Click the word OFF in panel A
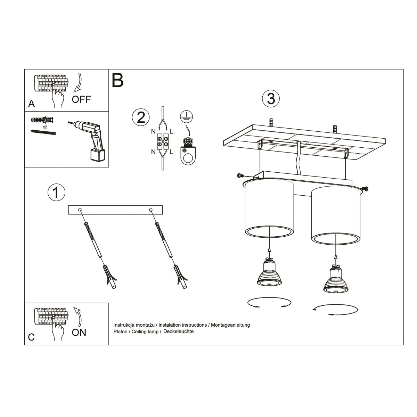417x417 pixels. pos(81,99)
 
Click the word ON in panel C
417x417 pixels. pos(79,333)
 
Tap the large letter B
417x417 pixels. pos(117,80)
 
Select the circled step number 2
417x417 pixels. pos(141,117)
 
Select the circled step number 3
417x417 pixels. pos(271,99)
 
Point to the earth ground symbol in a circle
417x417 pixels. pos(187,117)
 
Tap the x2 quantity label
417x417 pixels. pos(45,127)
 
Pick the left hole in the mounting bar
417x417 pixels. pos(80,210)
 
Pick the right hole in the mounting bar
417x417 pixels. pos(151,210)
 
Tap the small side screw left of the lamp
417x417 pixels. pos(240,175)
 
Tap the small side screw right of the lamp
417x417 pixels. pos(366,189)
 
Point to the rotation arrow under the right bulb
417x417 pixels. pos(335,310)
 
